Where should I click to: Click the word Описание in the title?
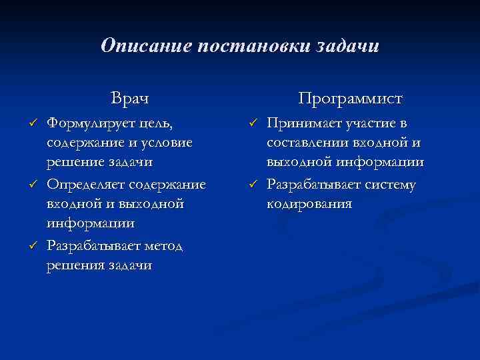click(x=137, y=46)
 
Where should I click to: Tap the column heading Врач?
click(x=130, y=99)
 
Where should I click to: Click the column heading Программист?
click(x=350, y=99)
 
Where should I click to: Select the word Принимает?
click(x=303, y=123)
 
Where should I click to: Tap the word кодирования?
click(x=309, y=203)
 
